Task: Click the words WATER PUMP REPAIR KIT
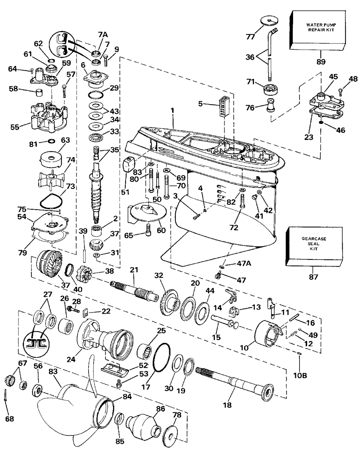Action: (320, 27)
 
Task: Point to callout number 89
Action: (320, 61)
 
